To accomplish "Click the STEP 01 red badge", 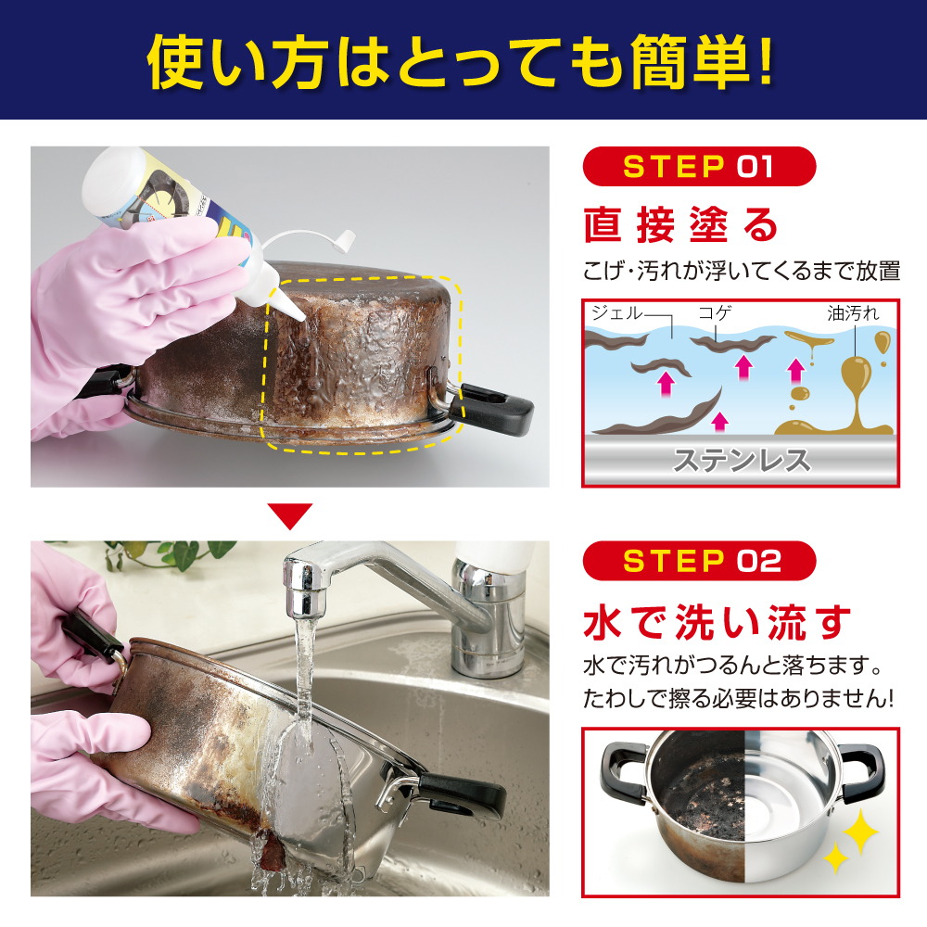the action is point(699,167).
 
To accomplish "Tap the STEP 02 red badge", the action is point(699,561).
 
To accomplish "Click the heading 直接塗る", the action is point(680,225).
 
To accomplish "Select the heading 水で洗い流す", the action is point(717,623).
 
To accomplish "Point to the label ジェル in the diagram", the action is point(616,312).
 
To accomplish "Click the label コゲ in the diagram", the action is point(715,312).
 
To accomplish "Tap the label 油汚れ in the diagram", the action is point(853,312).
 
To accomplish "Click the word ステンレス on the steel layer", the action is point(742,461).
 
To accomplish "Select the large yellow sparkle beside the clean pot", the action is point(860,832).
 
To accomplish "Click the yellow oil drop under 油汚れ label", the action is point(882,343).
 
